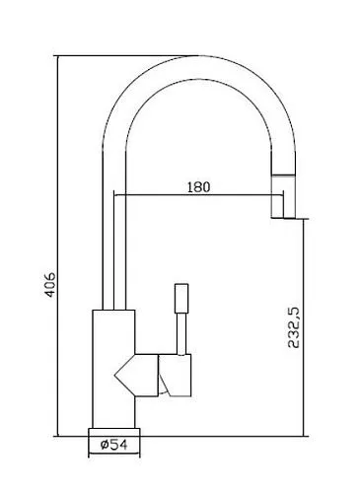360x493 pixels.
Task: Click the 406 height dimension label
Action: [x=50, y=285]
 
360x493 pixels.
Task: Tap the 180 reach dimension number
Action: [x=198, y=186]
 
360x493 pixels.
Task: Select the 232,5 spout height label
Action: [x=294, y=327]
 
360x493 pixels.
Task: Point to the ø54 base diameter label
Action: [x=114, y=445]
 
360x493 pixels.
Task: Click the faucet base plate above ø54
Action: [x=114, y=432]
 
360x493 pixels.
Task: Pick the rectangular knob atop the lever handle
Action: [x=181, y=298]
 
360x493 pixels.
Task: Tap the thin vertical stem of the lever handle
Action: [x=181, y=333]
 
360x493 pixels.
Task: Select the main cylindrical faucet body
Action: [x=113, y=369]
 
